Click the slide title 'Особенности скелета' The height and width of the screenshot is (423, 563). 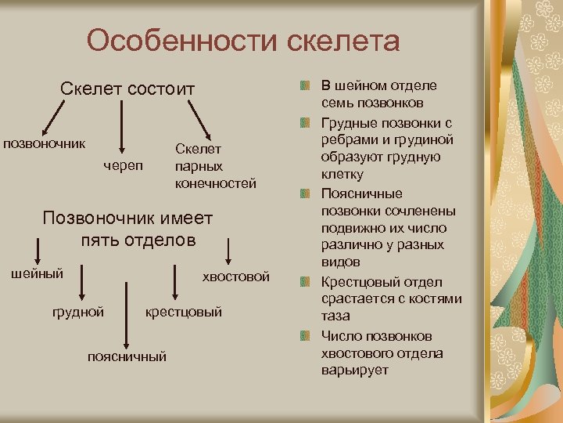click(243, 41)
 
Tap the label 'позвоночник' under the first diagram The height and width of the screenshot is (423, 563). click(45, 144)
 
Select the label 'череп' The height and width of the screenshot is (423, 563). click(123, 165)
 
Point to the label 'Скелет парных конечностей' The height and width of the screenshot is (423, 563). click(216, 166)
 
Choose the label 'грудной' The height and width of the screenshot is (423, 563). click(78, 312)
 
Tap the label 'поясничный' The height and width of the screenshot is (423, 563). click(127, 356)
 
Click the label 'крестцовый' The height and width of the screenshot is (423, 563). click(184, 312)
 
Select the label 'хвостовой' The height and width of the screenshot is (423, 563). click(236, 277)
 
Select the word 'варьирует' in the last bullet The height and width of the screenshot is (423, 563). click(354, 370)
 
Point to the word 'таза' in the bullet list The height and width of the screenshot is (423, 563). click(336, 316)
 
